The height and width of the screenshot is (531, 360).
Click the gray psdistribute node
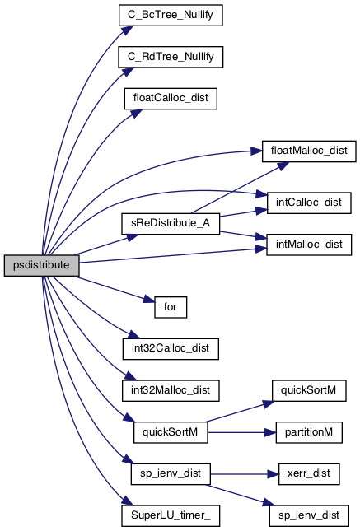pyautogui.click(x=42, y=265)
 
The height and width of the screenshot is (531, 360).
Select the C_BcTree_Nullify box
pyautogui.click(x=171, y=15)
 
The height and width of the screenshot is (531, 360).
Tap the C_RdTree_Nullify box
pyautogui.click(x=171, y=57)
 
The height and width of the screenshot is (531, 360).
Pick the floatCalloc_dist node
pyautogui.click(x=171, y=99)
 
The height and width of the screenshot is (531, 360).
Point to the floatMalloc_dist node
pyautogui.click(x=309, y=151)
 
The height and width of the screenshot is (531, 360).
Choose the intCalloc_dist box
pyautogui.click(x=309, y=203)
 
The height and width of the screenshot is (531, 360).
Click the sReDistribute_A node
pyautogui.click(x=171, y=223)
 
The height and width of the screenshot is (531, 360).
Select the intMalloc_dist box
pyautogui.click(x=309, y=245)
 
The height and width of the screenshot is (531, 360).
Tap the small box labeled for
pyautogui.click(x=171, y=307)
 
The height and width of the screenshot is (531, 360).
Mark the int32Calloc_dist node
pyautogui.click(x=171, y=349)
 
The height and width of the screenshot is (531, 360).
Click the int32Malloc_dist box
pyautogui.click(x=171, y=390)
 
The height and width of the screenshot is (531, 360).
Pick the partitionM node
pyautogui.click(x=309, y=432)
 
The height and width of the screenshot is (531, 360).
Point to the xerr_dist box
pyautogui.click(x=309, y=474)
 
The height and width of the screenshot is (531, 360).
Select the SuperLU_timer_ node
pyautogui.click(x=171, y=515)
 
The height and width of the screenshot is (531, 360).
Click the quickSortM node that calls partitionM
pyautogui.click(x=171, y=432)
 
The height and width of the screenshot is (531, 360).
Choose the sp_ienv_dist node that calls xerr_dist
pyautogui.click(x=171, y=474)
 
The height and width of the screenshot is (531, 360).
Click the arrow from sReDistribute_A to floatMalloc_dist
pyautogui.click(x=240, y=188)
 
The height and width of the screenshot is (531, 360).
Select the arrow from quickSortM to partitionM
pyautogui.click(x=241, y=432)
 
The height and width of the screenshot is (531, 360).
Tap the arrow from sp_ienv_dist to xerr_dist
pyautogui.click(x=245, y=474)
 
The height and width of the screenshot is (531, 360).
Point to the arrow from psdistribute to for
pyautogui.click(x=115, y=289)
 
